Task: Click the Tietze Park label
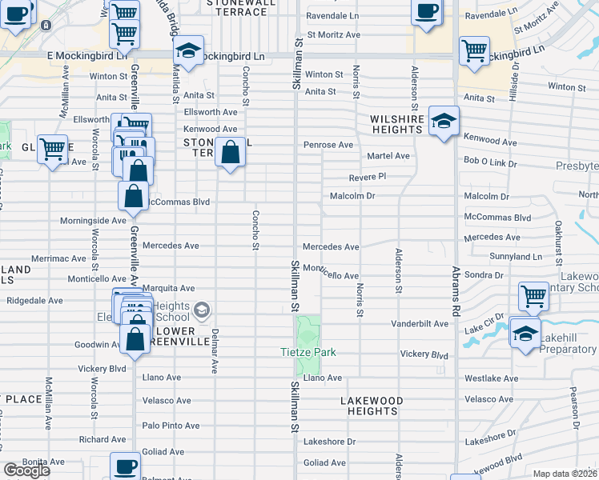[308, 353]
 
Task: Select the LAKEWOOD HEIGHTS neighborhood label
[370, 406]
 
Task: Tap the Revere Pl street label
[368, 177]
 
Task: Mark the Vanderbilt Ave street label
[420, 324]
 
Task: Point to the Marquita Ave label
[168, 288]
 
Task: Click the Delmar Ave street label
[215, 350]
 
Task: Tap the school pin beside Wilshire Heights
[444, 122]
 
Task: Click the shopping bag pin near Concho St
[231, 152]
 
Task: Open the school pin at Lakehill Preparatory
[525, 333]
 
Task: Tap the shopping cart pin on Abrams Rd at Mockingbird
[474, 50]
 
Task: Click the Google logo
[26, 470]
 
